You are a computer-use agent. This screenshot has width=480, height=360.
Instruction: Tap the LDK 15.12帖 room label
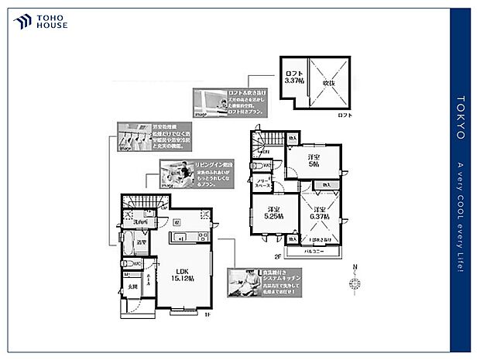pyautogui.click(x=180, y=274)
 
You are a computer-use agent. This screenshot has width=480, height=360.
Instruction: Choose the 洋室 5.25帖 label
pyautogui.click(x=273, y=214)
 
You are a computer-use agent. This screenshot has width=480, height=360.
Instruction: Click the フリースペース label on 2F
pyautogui.click(x=263, y=183)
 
